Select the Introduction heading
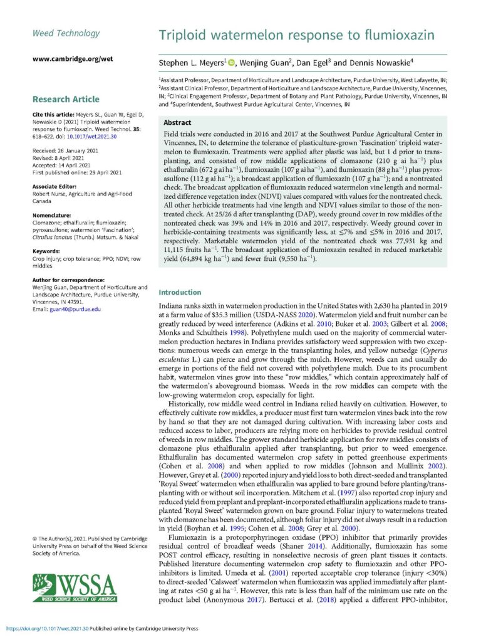(180, 292)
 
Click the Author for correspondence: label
(68, 278)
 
